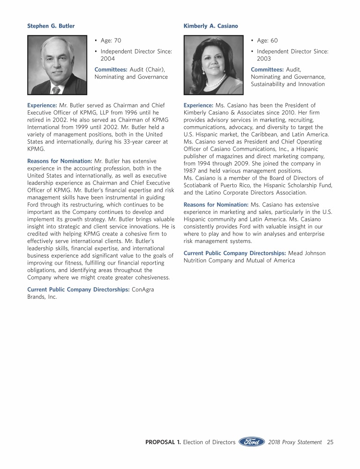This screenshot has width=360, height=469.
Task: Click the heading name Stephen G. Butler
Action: point(51,26)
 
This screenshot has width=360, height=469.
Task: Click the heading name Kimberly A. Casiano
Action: point(210,26)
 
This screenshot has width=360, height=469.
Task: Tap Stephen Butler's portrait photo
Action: point(57,65)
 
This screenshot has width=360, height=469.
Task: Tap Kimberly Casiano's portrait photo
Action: point(213,65)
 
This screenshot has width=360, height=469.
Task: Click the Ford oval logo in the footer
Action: point(252,442)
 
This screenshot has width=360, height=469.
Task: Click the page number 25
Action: point(330,442)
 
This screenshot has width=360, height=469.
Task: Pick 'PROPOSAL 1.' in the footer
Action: point(163,442)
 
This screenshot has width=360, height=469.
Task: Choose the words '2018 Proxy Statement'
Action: point(295,442)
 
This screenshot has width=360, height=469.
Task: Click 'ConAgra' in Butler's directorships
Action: point(143,290)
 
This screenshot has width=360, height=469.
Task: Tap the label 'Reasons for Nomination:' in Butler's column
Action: point(60,161)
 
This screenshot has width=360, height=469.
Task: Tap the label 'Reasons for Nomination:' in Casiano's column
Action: point(216,204)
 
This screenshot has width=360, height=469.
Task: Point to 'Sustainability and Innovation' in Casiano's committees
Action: point(288,84)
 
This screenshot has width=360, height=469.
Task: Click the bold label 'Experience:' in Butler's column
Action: point(42,105)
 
